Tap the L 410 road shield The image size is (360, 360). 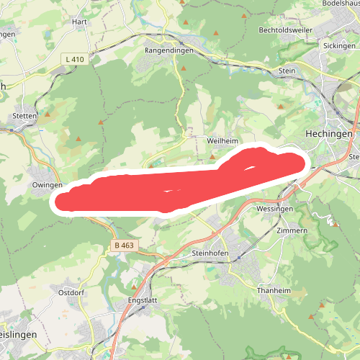74,59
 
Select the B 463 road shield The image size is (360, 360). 124,246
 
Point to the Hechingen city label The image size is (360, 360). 329,135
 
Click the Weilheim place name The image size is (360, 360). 222,142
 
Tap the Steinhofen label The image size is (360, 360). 210,253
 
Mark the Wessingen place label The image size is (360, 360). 274,209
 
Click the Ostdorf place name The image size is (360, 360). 72,293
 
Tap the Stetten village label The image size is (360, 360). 24,115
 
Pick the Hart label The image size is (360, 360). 79,22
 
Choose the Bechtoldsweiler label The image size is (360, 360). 289,30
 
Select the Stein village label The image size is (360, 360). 287,71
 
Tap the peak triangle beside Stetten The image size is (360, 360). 48,114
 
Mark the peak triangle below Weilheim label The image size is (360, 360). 212,156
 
